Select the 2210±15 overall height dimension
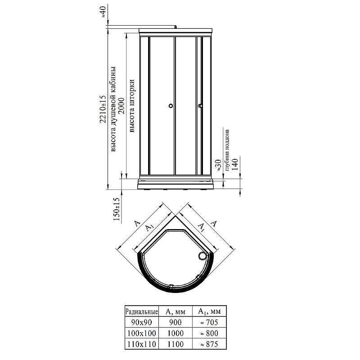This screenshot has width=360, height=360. click(x=103, y=109)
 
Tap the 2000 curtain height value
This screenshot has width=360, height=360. click(x=121, y=106)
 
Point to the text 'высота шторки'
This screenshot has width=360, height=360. click(x=132, y=106)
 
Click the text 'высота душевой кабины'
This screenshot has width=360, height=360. click(x=113, y=109)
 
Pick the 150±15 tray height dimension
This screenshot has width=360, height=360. click(x=117, y=209)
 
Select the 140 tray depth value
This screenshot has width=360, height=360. click(x=234, y=164)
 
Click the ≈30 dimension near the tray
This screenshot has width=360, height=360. click(x=218, y=165)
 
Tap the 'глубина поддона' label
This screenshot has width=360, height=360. click(x=227, y=150)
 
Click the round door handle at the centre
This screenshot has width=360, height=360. click(x=171, y=106)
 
